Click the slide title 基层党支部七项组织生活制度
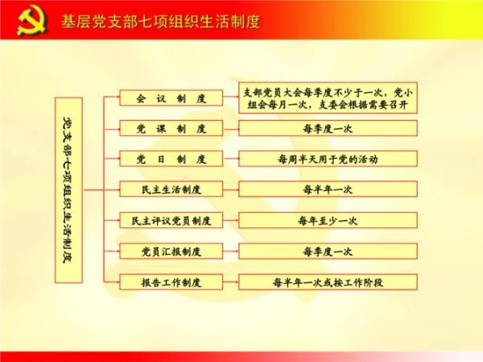tap(161, 19)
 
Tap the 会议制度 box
tap(170, 98)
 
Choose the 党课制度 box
tap(170, 128)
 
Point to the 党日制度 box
tap(170, 159)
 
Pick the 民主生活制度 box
tap(170, 189)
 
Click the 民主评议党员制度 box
tap(170, 220)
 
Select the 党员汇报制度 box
tap(170, 251)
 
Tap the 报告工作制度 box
tap(170, 282)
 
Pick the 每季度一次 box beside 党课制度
tap(328, 128)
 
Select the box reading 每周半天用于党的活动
tap(328, 159)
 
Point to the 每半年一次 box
tap(328, 189)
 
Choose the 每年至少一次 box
tap(328, 220)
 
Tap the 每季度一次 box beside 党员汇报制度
tap(328, 251)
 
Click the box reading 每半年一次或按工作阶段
tap(328, 282)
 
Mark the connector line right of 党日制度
tap(229, 159)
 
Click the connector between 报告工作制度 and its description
tap(229, 282)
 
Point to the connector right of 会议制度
tap(229, 98)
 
